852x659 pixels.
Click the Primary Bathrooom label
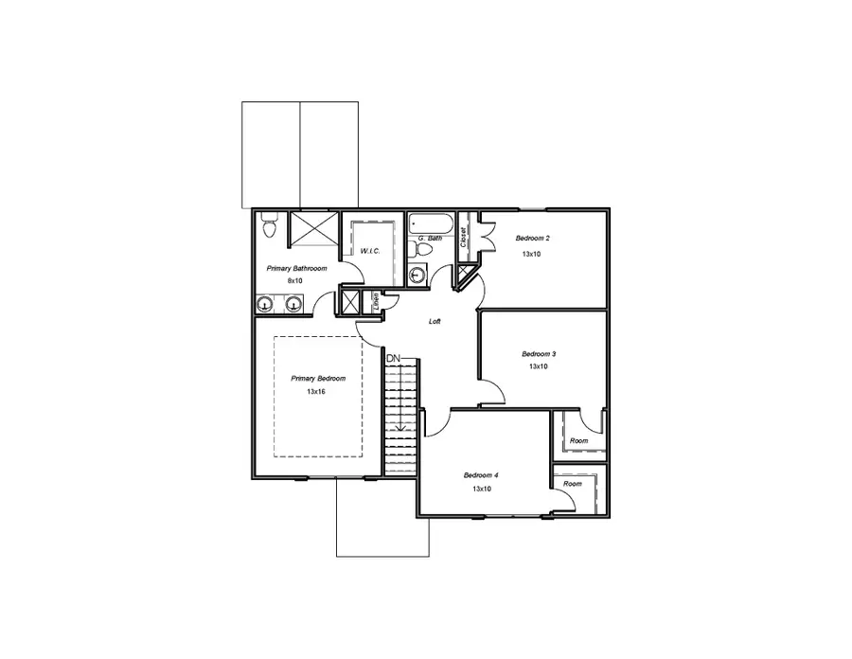pyautogui.click(x=296, y=269)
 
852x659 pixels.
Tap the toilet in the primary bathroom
pyautogui.click(x=268, y=226)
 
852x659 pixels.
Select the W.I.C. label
pyautogui.click(x=369, y=252)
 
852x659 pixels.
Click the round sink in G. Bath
pyautogui.click(x=417, y=275)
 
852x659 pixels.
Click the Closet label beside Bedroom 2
pyautogui.click(x=463, y=237)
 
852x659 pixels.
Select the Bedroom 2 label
pyautogui.click(x=531, y=239)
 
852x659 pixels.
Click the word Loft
pyautogui.click(x=435, y=321)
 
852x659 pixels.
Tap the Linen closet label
pyautogui.click(x=375, y=301)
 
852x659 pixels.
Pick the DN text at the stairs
pyautogui.click(x=393, y=358)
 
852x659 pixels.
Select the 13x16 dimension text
pyautogui.click(x=316, y=391)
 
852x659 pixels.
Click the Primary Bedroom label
pyautogui.click(x=318, y=378)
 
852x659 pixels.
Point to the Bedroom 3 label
pyautogui.click(x=539, y=354)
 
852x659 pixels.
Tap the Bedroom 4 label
pyautogui.click(x=481, y=475)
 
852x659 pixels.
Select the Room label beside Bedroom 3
pyautogui.click(x=578, y=441)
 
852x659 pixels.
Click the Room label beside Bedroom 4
pyautogui.click(x=573, y=484)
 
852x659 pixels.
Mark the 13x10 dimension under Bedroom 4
pyautogui.click(x=482, y=489)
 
